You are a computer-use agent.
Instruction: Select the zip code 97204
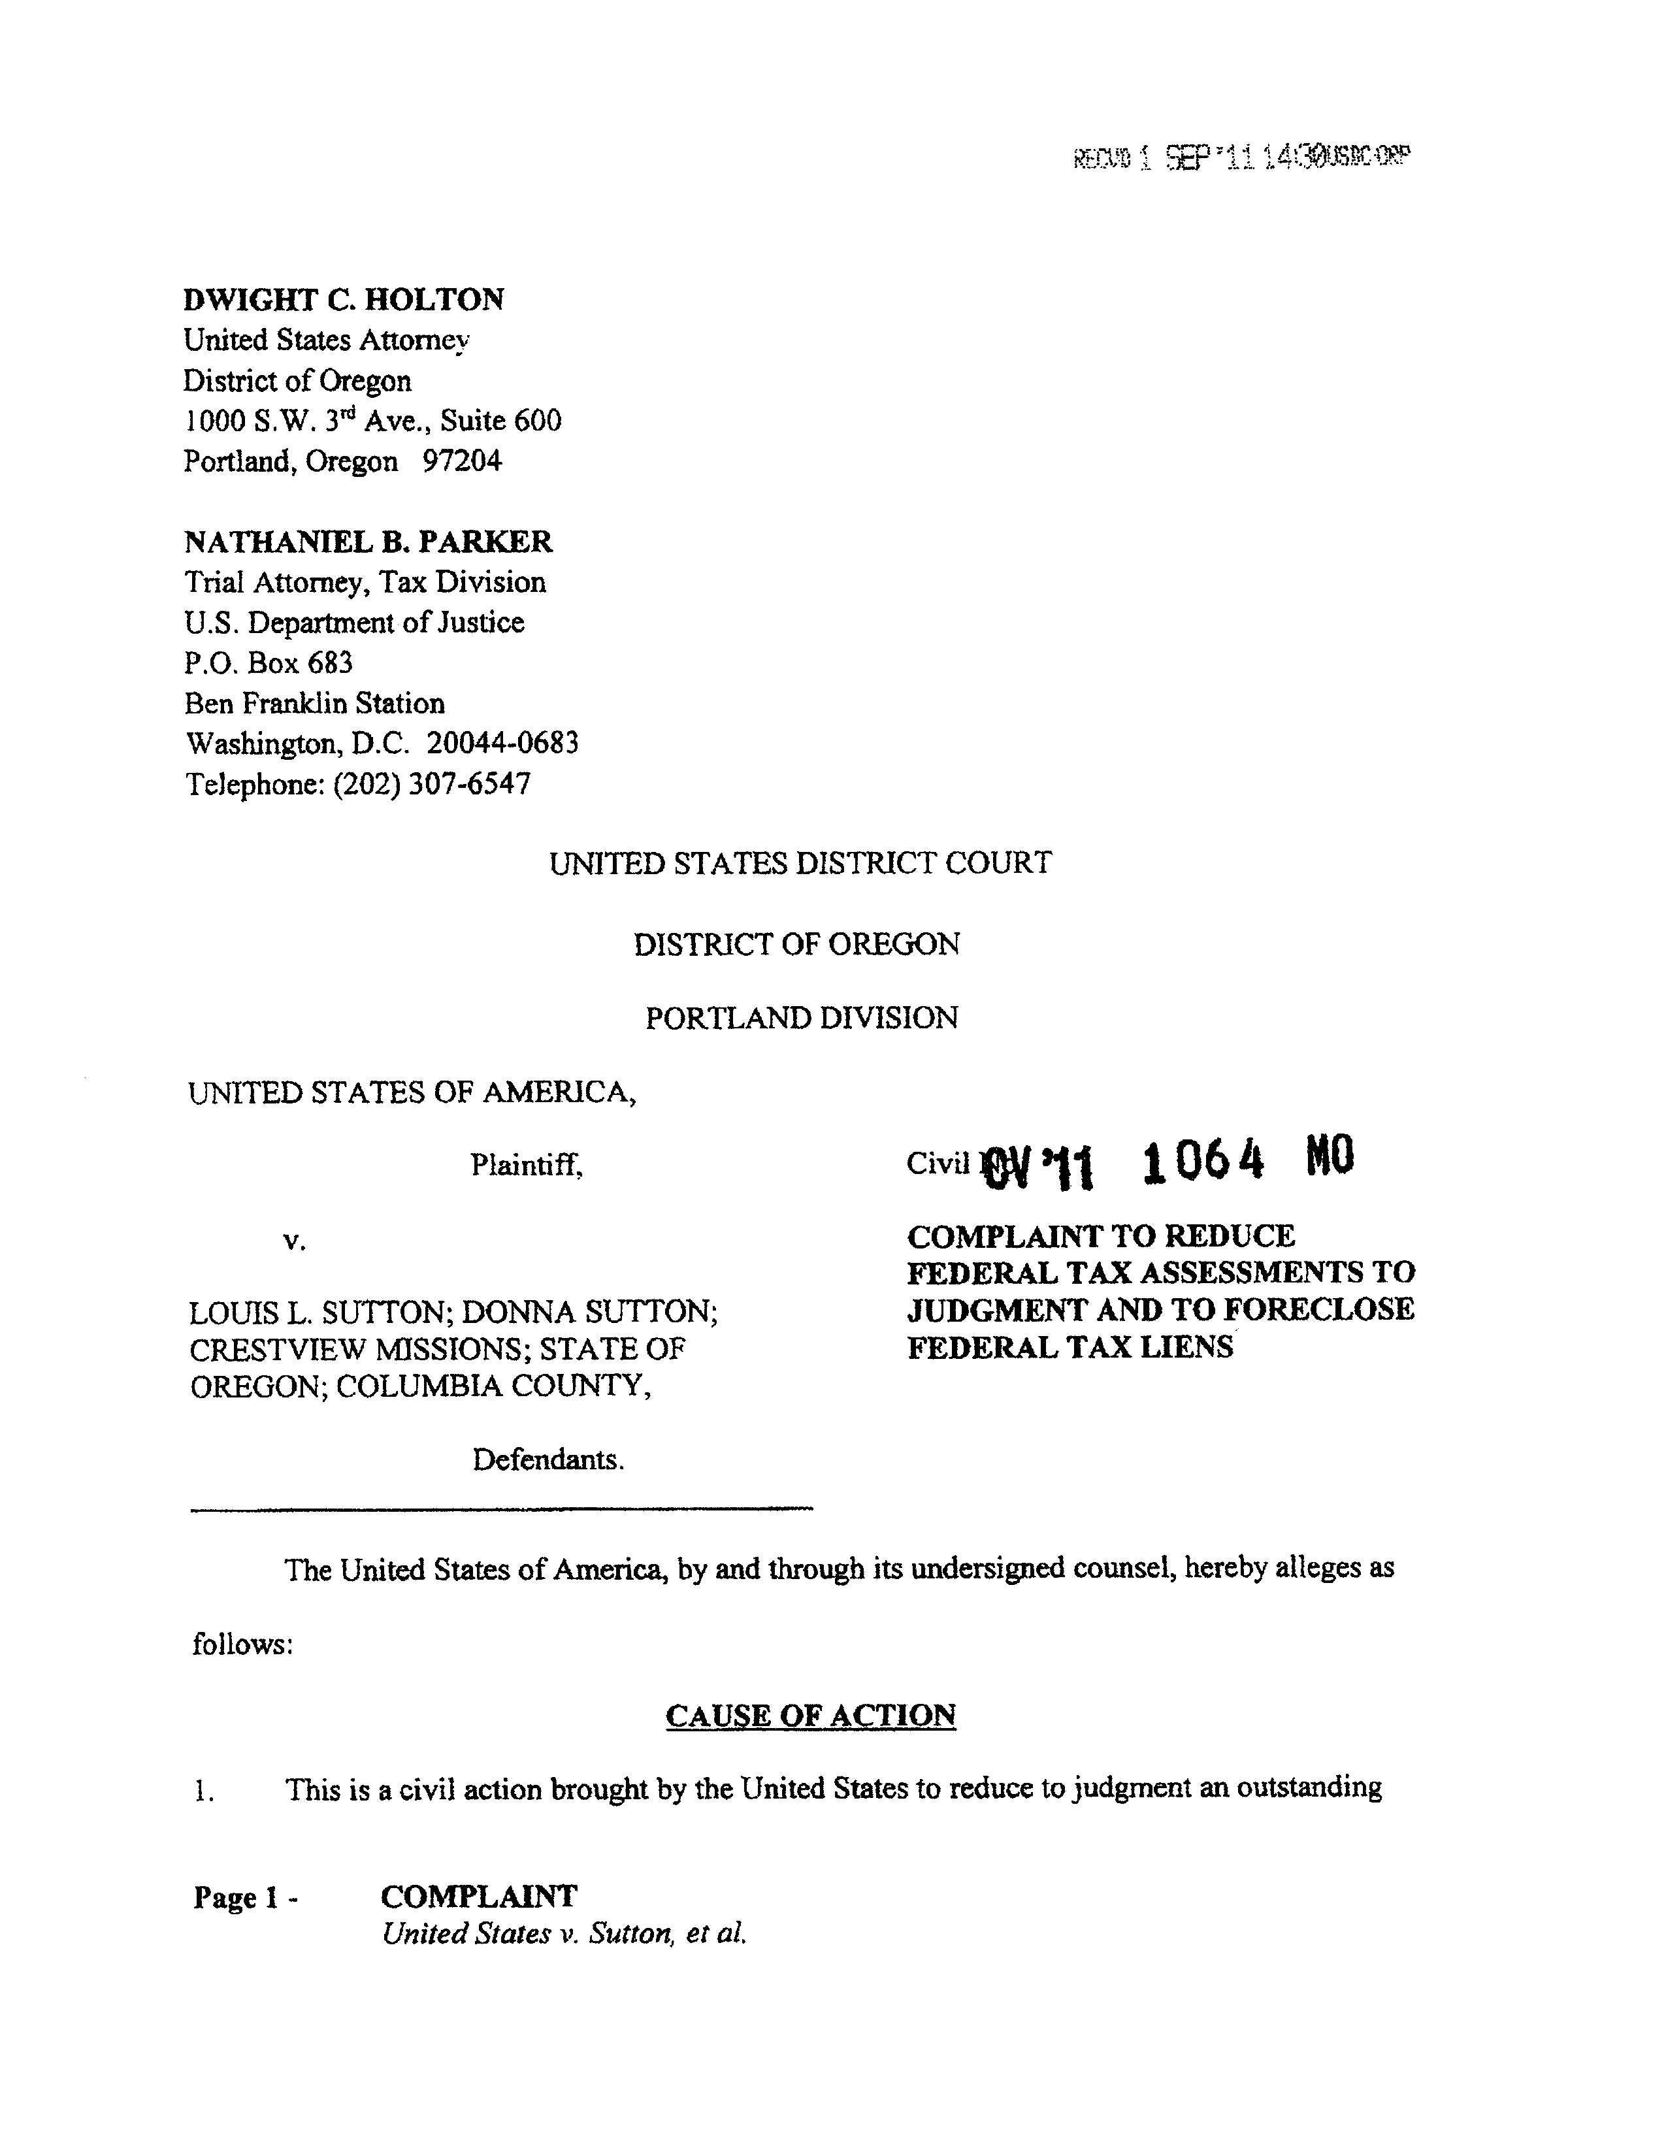[462, 461]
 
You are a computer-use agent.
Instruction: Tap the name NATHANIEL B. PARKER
[368, 542]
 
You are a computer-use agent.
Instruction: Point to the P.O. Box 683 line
[269, 662]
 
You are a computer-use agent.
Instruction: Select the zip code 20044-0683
[502, 743]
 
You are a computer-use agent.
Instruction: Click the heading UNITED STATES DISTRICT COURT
[800, 864]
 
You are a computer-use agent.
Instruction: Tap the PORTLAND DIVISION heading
[801, 1018]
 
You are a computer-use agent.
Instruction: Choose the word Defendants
[547, 1460]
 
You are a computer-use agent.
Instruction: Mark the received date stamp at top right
[1241, 157]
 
